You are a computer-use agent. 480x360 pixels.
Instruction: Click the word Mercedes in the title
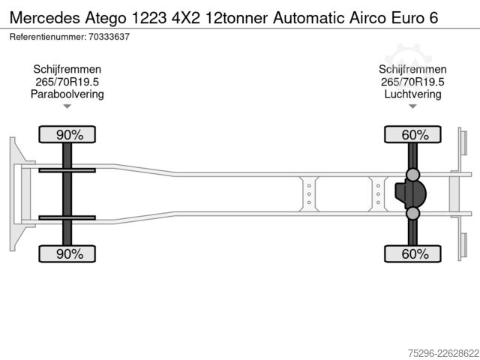point(45,18)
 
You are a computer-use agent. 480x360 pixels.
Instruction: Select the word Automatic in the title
point(309,18)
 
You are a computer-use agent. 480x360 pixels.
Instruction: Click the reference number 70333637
point(109,37)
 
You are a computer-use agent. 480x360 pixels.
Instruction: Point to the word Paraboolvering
point(67,94)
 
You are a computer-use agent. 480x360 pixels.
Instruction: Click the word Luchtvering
point(412,94)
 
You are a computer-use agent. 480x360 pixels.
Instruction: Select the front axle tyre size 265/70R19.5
point(67,82)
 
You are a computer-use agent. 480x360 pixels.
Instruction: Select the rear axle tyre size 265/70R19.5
point(412,82)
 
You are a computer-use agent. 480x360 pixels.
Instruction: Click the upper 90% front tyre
point(67,134)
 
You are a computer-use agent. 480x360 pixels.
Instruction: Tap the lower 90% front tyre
point(67,253)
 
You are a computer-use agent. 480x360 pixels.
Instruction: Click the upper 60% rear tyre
point(412,134)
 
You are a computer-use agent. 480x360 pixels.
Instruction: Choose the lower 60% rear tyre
point(412,253)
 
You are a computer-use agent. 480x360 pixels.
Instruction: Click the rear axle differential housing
point(410,193)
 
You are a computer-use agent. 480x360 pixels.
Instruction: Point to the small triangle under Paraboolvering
point(67,106)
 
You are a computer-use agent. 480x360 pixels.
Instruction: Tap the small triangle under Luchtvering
point(412,106)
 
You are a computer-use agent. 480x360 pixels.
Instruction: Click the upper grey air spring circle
point(412,175)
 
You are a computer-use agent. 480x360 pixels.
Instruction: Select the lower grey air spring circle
point(412,213)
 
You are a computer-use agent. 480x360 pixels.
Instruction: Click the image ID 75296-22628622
point(443,353)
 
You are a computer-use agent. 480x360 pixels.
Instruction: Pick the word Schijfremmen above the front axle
point(67,70)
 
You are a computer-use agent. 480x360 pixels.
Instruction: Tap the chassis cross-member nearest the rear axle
point(378,193)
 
